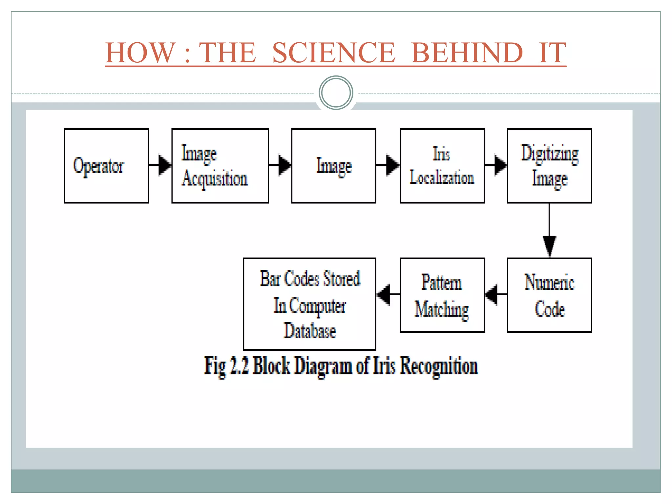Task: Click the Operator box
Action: [106, 166]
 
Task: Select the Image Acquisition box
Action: [220, 166]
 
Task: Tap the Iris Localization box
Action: [442, 166]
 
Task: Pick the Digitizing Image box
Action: [549, 166]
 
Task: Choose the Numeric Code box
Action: [549, 295]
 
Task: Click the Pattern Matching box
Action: [442, 295]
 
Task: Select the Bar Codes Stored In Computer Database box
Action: [309, 304]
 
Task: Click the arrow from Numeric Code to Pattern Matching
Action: [495, 294]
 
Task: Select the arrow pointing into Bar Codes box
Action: [388, 294]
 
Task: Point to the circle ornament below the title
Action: [336, 93]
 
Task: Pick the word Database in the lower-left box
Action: [310, 331]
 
